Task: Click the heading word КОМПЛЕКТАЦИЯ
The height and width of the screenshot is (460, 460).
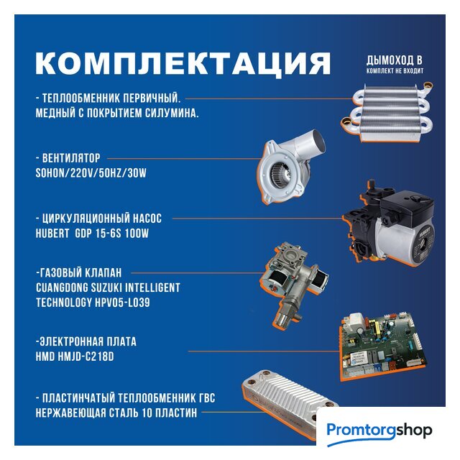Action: pyautogui.click(x=183, y=64)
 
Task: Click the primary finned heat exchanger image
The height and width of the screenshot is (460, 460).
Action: pyautogui.click(x=387, y=112)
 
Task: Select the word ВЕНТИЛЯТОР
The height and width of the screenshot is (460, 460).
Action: pyautogui.click(x=71, y=158)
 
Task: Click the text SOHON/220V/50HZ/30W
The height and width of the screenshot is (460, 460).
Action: pyautogui.click(x=91, y=173)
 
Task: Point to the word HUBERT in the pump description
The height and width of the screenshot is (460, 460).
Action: pyautogui.click(x=52, y=234)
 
